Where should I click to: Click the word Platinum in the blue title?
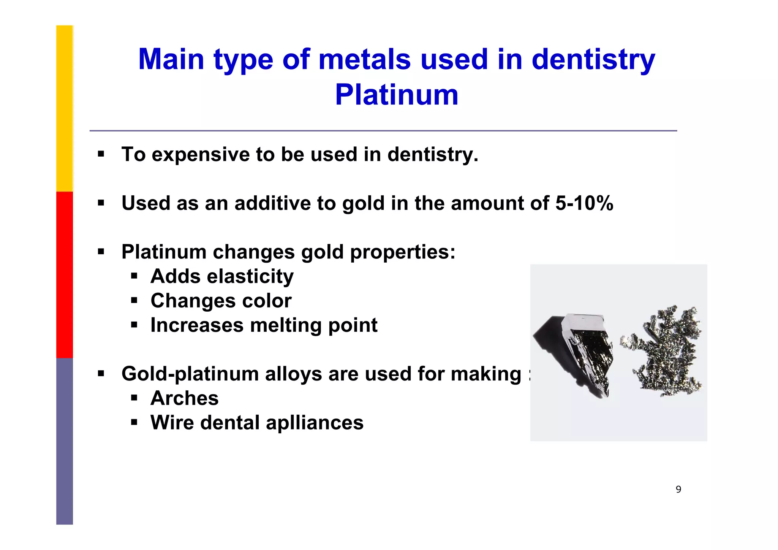[x=397, y=95]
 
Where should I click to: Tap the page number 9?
[x=678, y=490]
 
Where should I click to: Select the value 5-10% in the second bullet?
[x=584, y=203]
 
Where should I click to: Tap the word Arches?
[x=185, y=398]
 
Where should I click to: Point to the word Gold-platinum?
[x=190, y=374]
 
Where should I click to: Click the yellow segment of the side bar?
[x=65, y=108]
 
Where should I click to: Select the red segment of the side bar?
[x=65, y=274]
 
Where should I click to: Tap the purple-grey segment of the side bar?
[x=65, y=441]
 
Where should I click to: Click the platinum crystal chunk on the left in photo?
[x=581, y=350]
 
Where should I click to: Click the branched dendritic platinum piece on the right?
[x=665, y=352]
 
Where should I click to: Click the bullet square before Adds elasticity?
[x=134, y=276]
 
